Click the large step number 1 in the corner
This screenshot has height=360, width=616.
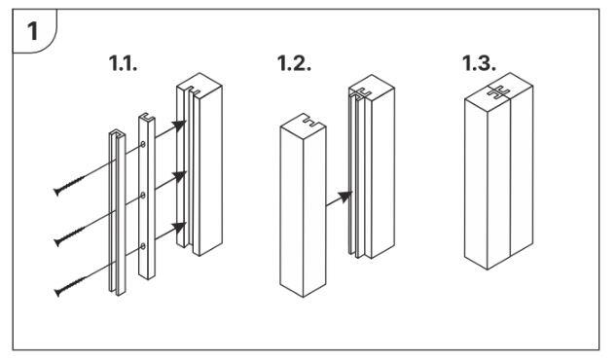click(x=33, y=31)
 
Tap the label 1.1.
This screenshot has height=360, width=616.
click(x=123, y=63)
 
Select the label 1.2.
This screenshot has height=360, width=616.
click(x=294, y=63)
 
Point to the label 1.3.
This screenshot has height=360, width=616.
click(x=479, y=63)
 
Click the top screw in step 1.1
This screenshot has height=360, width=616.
click(x=69, y=185)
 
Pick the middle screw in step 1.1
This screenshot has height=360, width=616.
click(x=69, y=235)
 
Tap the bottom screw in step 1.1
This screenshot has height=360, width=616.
click(x=70, y=286)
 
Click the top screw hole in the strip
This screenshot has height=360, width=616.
click(x=143, y=144)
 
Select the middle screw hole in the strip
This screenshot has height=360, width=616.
click(x=143, y=196)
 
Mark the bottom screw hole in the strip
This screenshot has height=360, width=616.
click(x=143, y=246)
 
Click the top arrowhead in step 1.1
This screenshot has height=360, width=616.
click(x=179, y=126)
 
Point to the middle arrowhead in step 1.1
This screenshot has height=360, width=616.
click(x=179, y=176)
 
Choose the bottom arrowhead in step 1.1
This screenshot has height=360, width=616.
click(x=179, y=228)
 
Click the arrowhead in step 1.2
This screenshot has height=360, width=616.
click(x=345, y=197)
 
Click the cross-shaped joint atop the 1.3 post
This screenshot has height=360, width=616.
click(x=498, y=91)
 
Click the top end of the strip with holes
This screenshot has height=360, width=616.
click(x=147, y=118)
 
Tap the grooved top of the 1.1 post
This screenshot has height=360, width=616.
click(x=199, y=86)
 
